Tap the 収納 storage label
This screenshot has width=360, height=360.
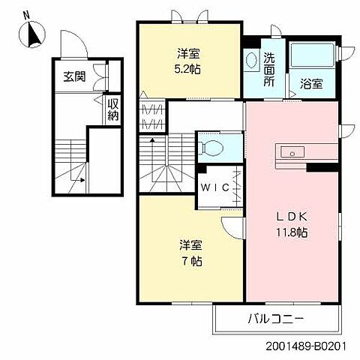coord(112,109)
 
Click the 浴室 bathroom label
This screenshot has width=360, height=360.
coord(311,83)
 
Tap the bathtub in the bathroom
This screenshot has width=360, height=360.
coord(312,55)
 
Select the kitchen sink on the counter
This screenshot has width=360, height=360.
coord(289,152)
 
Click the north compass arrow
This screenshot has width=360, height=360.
coord(34,34)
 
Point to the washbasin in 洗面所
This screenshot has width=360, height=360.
coord(251,58)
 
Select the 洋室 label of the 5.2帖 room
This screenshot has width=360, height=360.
coord(189,53)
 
